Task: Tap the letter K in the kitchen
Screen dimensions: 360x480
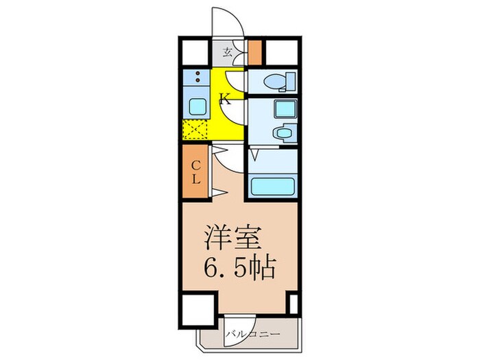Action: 224,99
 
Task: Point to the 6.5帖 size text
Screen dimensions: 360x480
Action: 240,267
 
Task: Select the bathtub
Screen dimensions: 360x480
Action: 273,187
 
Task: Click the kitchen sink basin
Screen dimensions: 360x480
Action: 197,107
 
